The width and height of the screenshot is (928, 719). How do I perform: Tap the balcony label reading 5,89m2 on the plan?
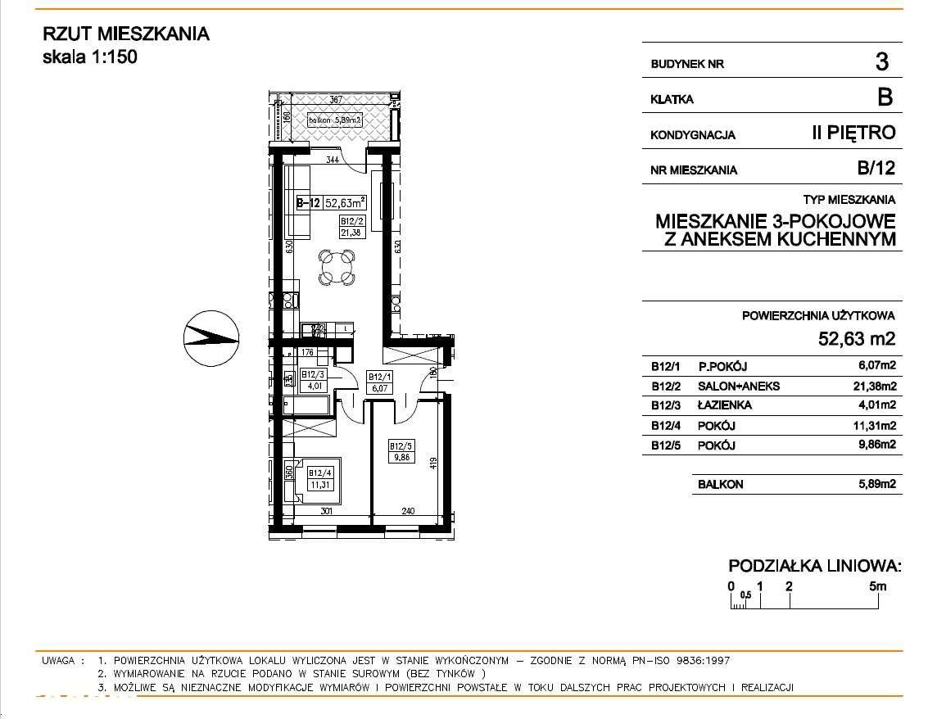tap(335, 121)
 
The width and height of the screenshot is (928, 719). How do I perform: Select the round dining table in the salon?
tap(337, 267)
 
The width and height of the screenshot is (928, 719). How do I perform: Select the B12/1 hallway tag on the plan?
tap(377, 382)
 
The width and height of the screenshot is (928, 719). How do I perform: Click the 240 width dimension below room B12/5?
tap(408, 512)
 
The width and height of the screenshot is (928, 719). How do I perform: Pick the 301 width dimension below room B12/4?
tap(325, 512)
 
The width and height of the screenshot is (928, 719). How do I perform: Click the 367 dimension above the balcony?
tap(334, 101)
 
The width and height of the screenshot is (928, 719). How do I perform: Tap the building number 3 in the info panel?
tap(881, 62)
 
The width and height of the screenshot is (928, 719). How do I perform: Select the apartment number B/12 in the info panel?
tap(876, 170)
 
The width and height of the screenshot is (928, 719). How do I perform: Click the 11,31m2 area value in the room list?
tap(876, 426)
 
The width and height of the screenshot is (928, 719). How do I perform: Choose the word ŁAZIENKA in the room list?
tap(724, 405)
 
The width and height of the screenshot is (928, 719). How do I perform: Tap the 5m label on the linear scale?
tap(877, 586)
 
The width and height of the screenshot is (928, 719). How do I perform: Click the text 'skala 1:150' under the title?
tap(89, 57)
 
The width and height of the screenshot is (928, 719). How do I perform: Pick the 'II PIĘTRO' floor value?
tap(853, 133)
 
